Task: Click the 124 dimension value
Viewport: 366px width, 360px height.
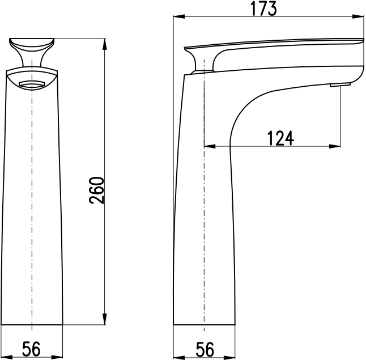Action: tap(280, 138)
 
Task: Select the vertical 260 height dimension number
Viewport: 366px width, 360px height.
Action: tap(96, 190)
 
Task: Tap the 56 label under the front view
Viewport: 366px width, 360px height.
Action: tap(31, 349)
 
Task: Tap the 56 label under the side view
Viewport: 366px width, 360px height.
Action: tap(205, 349)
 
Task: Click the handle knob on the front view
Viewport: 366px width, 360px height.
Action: tap(32, 52)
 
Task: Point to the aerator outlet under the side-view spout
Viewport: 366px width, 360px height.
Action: tap(340, 84)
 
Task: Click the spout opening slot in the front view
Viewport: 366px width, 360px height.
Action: tap(32, 84)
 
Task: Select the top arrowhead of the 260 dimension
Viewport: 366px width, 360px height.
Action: tap(105, 44)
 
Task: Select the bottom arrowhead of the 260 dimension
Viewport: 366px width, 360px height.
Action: tap(105, 319)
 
